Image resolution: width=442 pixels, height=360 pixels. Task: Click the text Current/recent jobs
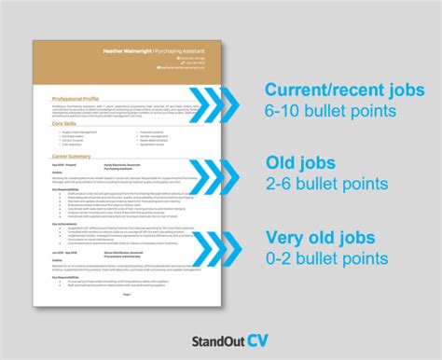(x=344, y=90)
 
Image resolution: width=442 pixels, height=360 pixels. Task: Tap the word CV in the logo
(x=260, y=327)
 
